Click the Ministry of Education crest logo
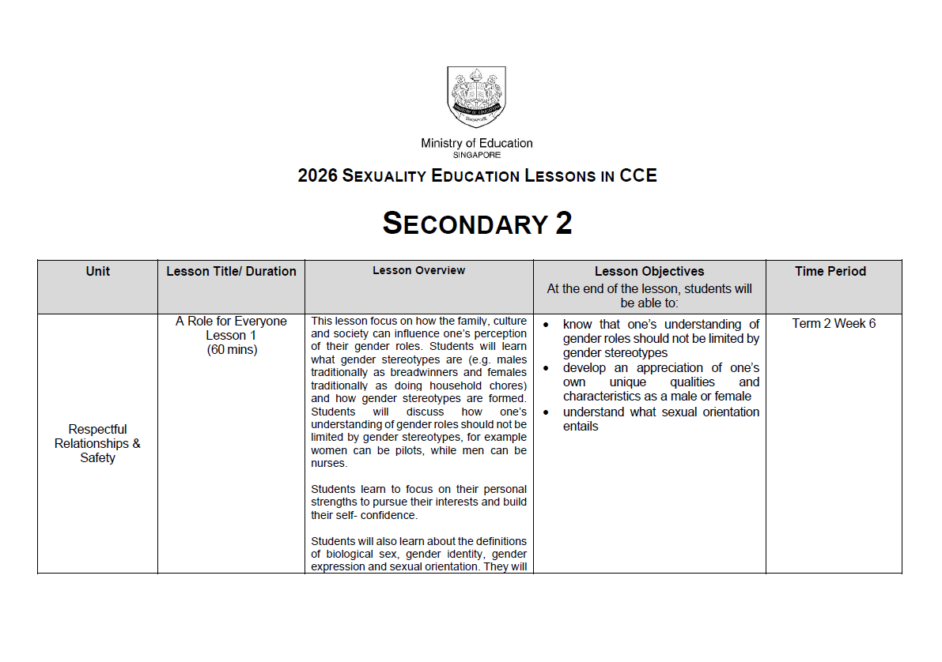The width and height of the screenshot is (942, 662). click(x=476, y=96)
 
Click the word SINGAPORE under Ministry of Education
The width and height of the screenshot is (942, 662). click(x=476, y=155)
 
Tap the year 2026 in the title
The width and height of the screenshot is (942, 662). click(x=318, y=175)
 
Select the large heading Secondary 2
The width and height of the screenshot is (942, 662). click(x=477, y=224)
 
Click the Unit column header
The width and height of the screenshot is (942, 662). click(x=97, y=271)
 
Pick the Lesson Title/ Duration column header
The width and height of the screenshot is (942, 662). click(x=231, y=271)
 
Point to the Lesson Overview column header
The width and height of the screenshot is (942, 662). click(x=418, y=270)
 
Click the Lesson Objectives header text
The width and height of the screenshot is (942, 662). click(x=649, y=271)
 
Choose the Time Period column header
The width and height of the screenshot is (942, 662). click(x=830, y=271)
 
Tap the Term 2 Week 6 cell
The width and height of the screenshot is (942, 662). click(x=833, y=323)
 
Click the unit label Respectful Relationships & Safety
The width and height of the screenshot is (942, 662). click(x=97, y=443)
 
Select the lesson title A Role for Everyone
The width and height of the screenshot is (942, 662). click(x=231, y=321)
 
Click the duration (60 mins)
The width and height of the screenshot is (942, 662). click(x=231, y=349)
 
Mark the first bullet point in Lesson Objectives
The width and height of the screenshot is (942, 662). click(x=546, y=325)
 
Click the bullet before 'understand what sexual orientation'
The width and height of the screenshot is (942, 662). click(x=546, y=412)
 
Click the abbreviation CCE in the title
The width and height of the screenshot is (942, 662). click(x=638, y=175)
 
